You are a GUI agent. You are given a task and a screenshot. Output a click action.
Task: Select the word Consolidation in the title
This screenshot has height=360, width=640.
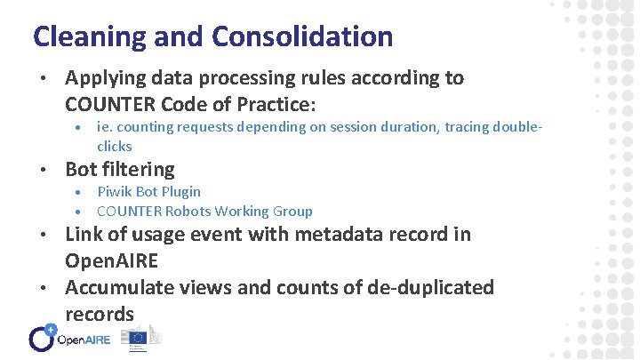301,37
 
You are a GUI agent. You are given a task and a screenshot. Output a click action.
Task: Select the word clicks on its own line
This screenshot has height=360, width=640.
114,146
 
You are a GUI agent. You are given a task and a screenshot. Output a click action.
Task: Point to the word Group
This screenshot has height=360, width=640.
292,212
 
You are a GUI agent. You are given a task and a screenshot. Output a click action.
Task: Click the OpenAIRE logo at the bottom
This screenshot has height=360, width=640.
70,338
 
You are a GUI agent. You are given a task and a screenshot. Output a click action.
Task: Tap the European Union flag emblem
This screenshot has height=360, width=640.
138,337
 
